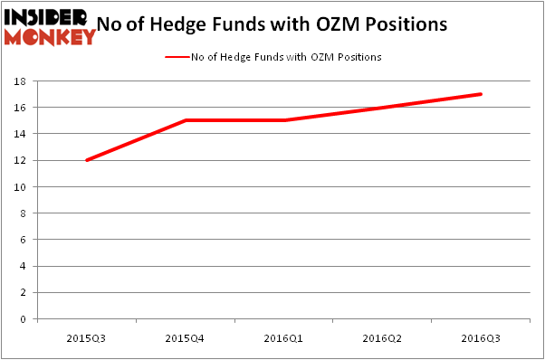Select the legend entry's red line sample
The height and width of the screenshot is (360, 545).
tap(177, 57)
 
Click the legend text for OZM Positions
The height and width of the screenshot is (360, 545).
tap(286, 57)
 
